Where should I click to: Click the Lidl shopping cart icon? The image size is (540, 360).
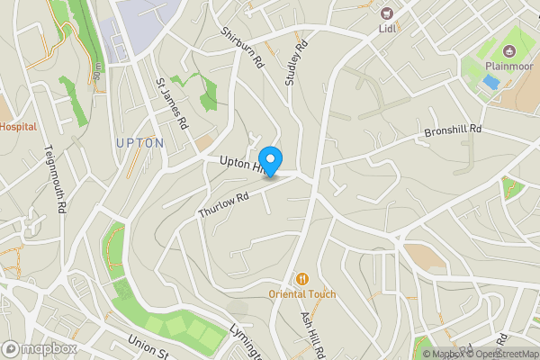tap(388, 13)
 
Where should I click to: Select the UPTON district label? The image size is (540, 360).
tap(139, 143)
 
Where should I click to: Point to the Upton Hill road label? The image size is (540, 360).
tap(240, 163)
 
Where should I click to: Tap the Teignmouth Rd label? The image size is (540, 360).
tap(58, 180)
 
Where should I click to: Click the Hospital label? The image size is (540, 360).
tap(18, 127)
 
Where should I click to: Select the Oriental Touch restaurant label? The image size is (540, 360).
tap(302, 294)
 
